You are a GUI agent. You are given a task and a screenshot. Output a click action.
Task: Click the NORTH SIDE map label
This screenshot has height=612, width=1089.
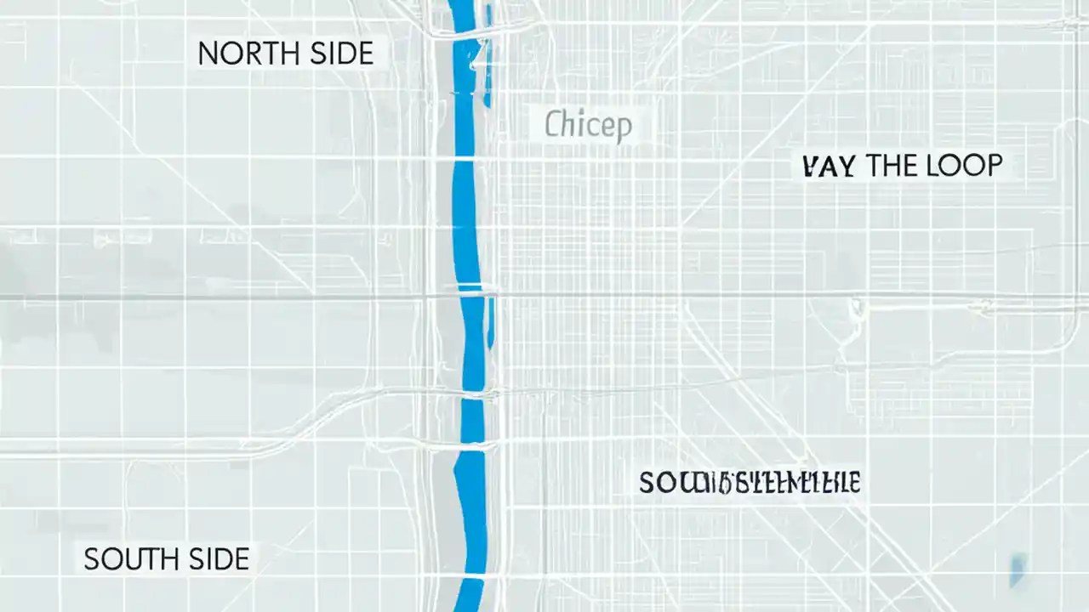(285, 54)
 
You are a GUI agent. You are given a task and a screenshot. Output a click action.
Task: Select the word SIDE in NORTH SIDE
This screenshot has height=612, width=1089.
(341, 54)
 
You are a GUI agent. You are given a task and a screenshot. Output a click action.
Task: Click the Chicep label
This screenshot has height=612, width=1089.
(588, 127)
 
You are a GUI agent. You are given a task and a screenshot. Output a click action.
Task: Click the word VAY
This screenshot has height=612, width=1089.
(828, 165)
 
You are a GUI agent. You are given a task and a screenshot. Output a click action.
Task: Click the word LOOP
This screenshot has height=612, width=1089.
(966, 165)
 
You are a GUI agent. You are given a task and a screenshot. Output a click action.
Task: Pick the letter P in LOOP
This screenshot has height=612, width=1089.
(994, 165)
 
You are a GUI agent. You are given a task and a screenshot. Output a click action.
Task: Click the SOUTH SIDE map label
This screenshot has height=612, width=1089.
(166, 558)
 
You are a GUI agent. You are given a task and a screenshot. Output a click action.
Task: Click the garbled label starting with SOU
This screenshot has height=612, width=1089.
(750, 483)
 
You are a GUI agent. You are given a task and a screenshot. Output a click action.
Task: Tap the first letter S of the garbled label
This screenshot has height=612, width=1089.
(647, 483)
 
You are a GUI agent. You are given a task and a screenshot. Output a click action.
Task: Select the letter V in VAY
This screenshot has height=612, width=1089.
(811, 165)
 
